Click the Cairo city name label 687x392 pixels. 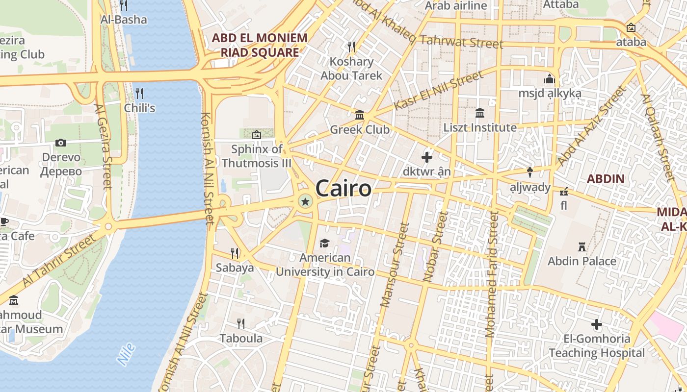coord(343,188)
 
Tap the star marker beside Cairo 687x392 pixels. coord(305,201)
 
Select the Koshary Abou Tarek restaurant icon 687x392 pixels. coord(351,47)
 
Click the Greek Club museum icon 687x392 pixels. coord(360,115)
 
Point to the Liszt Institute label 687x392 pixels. coord(480,128)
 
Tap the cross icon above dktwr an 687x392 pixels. coord(427,157)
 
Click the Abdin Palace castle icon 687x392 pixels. coord(582,246)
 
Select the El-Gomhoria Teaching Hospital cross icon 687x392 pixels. coord(597,324)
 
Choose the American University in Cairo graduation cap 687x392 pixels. coord(324,243)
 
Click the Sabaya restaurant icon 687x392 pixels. coord(235,253)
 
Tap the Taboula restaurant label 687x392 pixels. coord(241,339)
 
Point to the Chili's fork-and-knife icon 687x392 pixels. coord(139,93)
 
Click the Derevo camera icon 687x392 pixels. coord(61,143)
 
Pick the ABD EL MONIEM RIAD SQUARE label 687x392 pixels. coord(260,45)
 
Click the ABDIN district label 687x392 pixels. coord(606,179)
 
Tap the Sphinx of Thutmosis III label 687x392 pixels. coord(257,156)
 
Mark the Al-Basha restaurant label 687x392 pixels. coord(124,20)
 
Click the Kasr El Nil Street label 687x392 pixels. coord(438,91)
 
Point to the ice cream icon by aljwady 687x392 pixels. coord(530,172)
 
